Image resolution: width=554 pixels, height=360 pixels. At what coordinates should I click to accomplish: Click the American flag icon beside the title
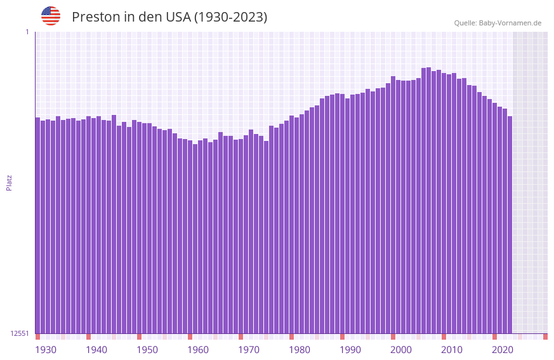tap(51, 16)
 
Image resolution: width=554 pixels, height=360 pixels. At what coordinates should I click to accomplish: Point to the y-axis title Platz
tap(9, 182)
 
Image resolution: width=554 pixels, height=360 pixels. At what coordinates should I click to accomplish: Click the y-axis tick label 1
tap(27, 32)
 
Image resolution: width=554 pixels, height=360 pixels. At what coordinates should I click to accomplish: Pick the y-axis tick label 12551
tap(20, 333)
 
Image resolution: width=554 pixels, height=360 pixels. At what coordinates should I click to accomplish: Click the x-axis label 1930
tap(46, 350)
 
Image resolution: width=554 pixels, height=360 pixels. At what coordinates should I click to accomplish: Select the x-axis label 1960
tap(198, 350)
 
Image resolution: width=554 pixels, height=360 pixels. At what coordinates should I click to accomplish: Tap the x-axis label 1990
tap(350, 350)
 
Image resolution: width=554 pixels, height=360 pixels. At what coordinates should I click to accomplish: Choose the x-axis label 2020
tap(503, 350)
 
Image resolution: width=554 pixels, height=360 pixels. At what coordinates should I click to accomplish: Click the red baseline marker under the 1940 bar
tap(89, 337)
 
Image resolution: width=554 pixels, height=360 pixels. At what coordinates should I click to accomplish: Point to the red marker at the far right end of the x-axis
tap(545, 337)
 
